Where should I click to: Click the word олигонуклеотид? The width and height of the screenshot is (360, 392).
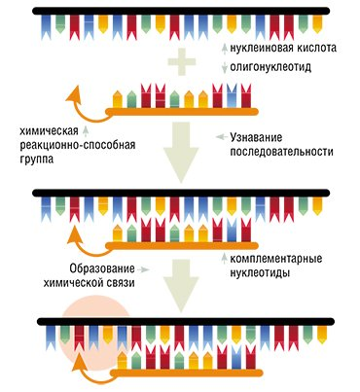(273, 68)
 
